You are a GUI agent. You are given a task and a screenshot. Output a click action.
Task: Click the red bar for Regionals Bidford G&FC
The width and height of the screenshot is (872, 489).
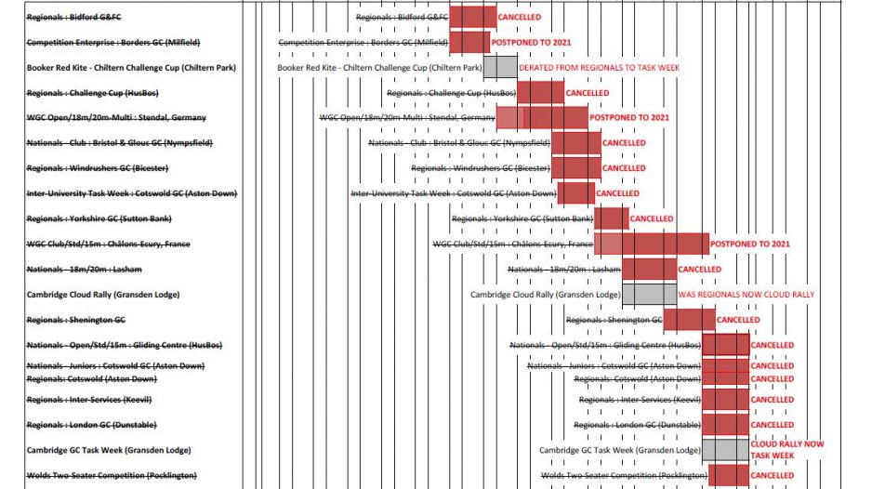(472, 17)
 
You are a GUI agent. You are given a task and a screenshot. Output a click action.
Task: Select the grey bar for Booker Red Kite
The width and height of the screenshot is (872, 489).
(500, 67)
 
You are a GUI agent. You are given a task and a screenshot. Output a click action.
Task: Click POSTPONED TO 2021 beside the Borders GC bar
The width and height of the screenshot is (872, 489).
(531, 43)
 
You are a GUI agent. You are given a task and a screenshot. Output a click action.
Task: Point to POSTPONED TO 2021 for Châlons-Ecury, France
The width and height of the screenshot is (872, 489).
(750, 244)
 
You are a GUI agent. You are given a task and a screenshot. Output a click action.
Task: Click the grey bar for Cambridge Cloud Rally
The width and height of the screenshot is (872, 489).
(648, 294)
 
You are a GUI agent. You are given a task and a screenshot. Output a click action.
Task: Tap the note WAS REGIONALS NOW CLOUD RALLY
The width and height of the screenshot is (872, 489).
(746, 294)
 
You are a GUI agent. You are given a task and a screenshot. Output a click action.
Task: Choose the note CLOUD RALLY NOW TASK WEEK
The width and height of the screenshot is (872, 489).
(786, 450)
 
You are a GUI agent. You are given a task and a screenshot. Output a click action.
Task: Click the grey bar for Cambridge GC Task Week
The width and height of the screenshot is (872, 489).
(725, 450)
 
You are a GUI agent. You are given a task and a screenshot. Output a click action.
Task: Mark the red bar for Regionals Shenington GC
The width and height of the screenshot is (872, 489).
(689, 319)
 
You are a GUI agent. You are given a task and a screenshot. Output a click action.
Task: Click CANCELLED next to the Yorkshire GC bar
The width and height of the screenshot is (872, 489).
(652, 218)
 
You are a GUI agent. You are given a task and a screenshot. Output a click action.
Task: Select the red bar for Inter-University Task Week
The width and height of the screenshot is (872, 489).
(575, 192)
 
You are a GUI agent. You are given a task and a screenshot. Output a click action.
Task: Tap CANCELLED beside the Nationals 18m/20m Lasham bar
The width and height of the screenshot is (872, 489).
(699, 269)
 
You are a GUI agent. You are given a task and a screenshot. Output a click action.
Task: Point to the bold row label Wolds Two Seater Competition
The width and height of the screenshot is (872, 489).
(112, 475)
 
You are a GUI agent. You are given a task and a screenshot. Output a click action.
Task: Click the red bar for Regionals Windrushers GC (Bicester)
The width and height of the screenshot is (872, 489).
(575, 167)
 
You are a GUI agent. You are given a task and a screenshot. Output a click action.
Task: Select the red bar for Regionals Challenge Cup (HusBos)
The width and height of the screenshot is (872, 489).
(540, 92)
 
